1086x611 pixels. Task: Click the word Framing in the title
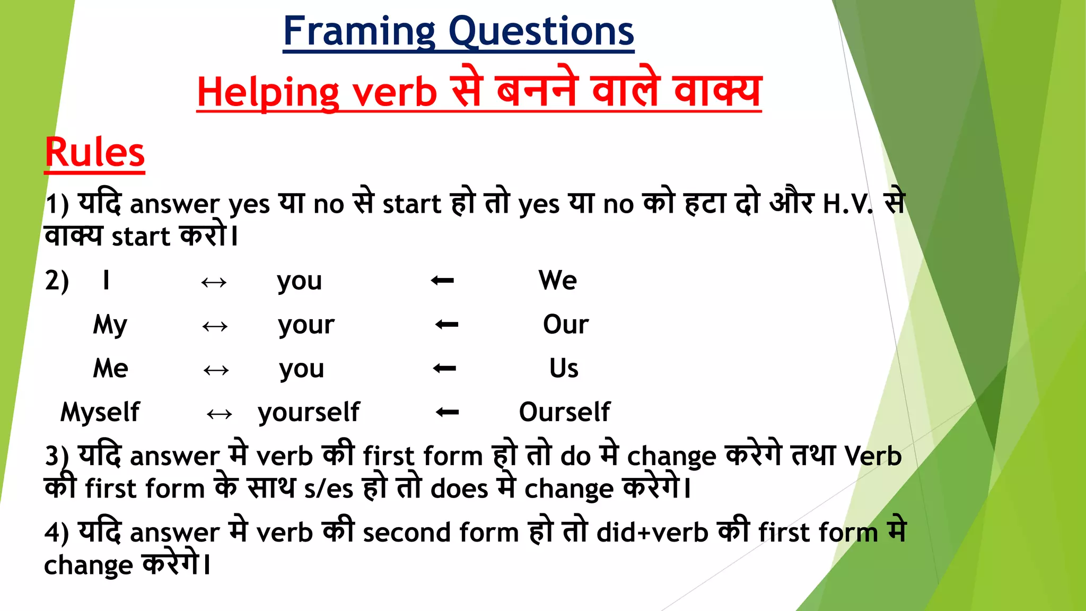pos(360,32)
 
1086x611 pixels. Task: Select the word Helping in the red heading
pos(268,93)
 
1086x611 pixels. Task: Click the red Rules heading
pos(95,153)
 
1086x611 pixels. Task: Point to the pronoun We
pos(557,280)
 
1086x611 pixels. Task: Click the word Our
pos(565,324)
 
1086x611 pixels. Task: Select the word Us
pos(563,368)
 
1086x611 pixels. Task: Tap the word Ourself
pos(564,412)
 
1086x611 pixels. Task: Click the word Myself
pos(100,412)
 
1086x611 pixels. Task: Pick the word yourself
pos(309,412)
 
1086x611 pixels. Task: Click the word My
pos(110,324)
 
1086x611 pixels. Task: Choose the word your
pos(306,324)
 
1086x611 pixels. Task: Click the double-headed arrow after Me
pos(216,370)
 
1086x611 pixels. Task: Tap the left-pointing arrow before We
pos(442,280)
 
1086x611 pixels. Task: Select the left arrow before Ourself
pos(447,412)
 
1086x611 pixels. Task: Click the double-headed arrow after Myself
pos(220,414)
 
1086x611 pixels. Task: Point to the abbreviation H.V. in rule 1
pos(847,204)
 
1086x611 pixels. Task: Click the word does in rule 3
pos(459,488)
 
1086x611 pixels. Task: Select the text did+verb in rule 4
pos(652,533)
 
